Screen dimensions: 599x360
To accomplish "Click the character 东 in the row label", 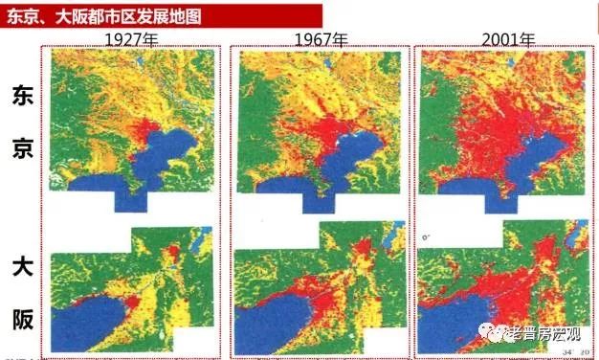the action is pos(23,97).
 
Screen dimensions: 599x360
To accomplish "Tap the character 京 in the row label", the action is pos(23,146).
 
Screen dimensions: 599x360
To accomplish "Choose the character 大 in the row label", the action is pos(23,263).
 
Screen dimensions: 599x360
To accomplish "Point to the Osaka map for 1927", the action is pos(134,287).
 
